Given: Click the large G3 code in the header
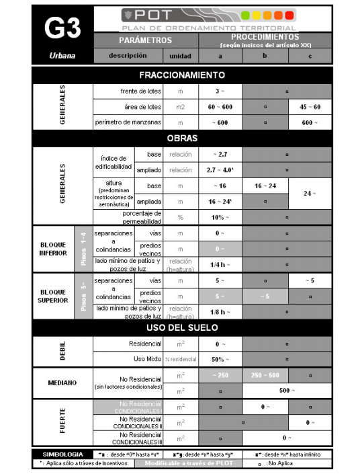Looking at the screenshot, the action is point(62,28).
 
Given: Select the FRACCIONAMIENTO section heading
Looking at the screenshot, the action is point(181,75).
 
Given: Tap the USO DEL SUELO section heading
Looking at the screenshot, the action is point(181,327).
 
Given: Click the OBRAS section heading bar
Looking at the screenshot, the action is point(181,138).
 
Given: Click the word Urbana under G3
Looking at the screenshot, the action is point(62,56).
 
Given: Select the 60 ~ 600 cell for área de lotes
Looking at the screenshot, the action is point(220,106).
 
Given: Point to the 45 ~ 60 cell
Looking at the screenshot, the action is point(310,106).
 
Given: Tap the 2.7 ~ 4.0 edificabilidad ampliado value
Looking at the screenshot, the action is point(220,170).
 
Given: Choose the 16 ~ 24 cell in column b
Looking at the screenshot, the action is point(265,186).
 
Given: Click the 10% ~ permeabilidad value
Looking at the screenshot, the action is point(220,217).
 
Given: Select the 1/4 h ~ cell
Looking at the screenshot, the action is point(220,264).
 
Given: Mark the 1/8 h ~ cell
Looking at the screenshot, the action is point(220,312).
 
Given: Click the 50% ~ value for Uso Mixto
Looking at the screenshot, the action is point(220,360).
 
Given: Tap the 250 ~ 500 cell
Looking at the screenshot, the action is point(265,374).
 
